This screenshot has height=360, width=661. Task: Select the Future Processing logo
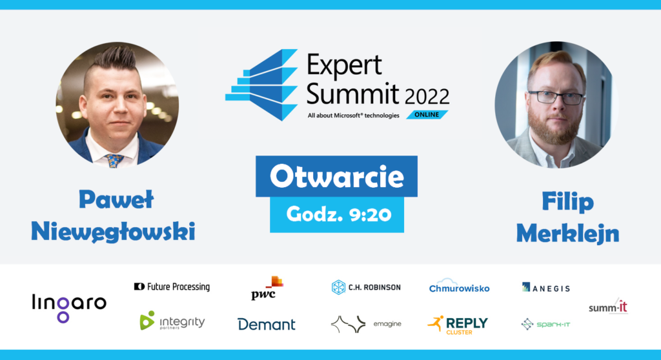point(172,286)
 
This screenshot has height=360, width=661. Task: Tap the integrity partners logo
point(172,321)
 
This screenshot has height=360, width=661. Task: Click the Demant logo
point(266,324)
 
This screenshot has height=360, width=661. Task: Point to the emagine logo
point(365,324)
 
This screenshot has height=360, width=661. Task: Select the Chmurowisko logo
point(459,286)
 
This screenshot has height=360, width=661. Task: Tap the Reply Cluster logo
point(458,324)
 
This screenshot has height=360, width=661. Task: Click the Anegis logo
point(546,288)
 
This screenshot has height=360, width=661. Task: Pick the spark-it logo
point(546,324)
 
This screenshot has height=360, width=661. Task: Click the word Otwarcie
point(336,176)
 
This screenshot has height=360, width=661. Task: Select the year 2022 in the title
point(427,97)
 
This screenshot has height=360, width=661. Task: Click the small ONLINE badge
point(427,115)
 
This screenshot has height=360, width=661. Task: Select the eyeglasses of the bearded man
point(555,97)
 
